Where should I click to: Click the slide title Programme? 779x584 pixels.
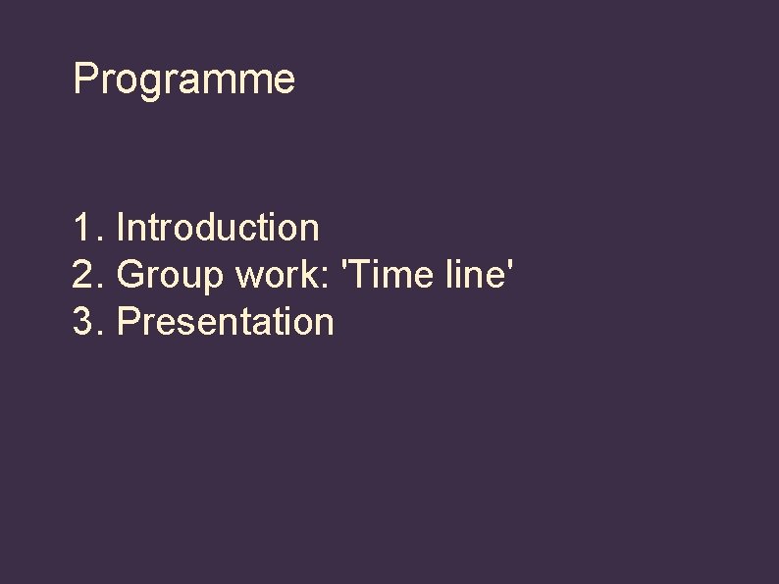183,80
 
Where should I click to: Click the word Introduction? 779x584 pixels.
218,228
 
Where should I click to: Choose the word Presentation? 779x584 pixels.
226,322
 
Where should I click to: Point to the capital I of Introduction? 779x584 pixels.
121,228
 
